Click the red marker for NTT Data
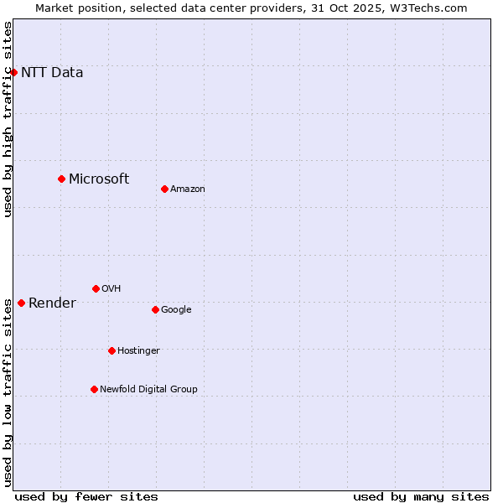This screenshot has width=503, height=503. point(14,72)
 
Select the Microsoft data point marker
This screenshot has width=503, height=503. point(61,179)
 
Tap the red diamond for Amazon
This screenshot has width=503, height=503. point(164,189)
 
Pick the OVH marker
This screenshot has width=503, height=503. point(96,288)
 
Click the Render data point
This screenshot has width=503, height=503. point(21,303)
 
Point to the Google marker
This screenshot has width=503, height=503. point(155,309)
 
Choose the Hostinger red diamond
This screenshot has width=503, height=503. point(111,350)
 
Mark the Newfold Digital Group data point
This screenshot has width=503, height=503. point(94,389)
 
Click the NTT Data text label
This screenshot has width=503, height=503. point(52,72)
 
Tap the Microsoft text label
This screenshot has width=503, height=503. point(99,179)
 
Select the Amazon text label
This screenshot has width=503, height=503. point(188,189)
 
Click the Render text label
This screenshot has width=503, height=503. point(52,303)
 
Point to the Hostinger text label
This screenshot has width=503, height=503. point(138,350)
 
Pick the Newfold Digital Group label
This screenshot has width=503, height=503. point(148,389)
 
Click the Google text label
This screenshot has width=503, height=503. point(176,309)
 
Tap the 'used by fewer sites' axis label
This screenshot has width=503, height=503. point(86,496)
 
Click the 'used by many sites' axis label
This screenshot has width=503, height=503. point(421,496)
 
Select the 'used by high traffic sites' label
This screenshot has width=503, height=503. point(8,119)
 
